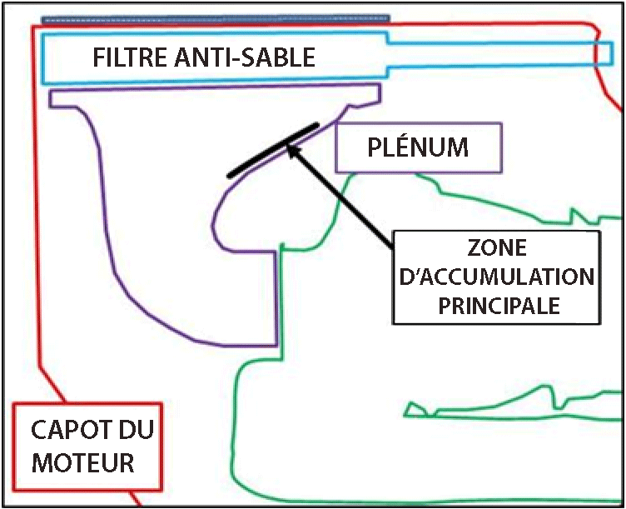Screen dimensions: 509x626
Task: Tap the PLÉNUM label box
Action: (x=418, y=148)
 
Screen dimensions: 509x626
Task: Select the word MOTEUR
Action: (x=83, y=462)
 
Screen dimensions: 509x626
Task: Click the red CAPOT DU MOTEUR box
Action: (x=87, y=448)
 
